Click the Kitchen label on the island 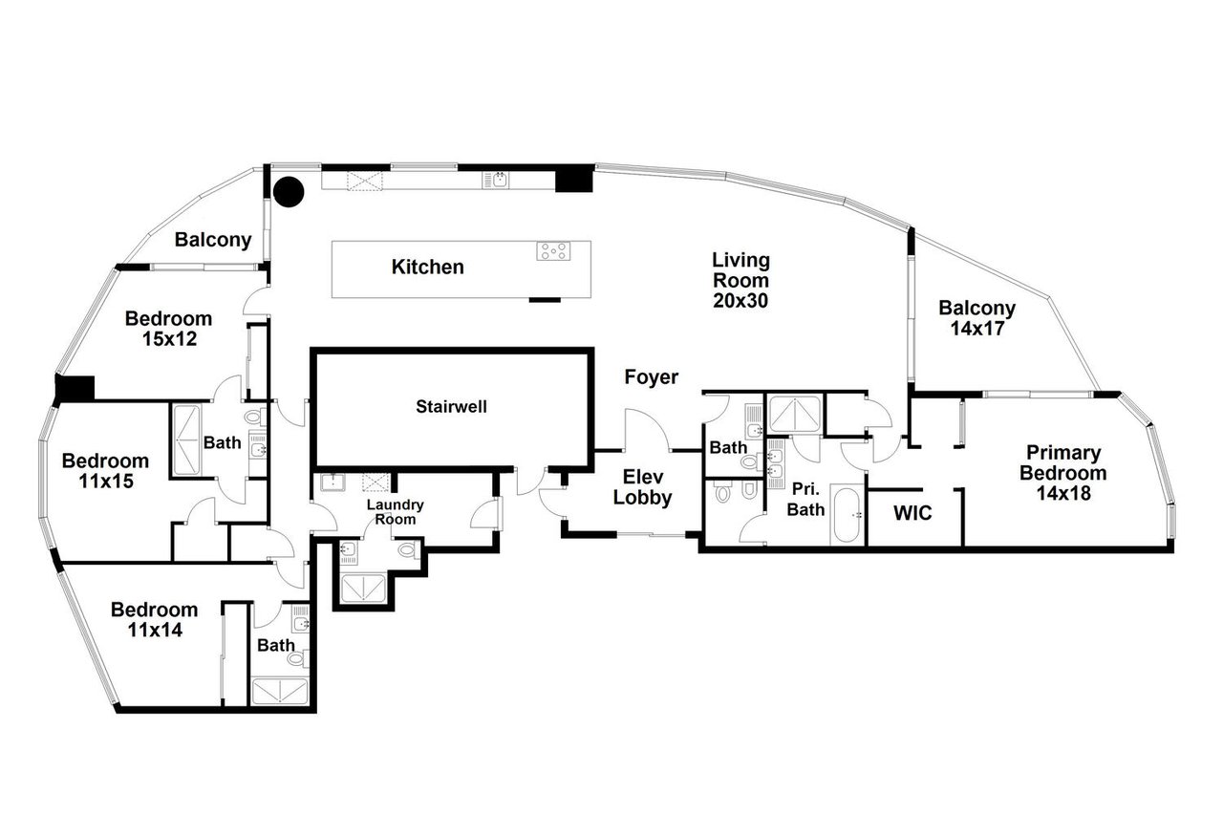point(427,268)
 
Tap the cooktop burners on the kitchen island point(553,251)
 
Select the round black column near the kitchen point(288,192)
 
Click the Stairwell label point(451,406)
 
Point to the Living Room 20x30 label point(740,280)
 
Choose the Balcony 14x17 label point(976,318)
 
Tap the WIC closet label point(912,513)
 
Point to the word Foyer point(651,377)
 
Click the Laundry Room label point(395,512)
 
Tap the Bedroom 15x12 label point(168,329)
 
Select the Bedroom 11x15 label point(105,470)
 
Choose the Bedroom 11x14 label point(154,619)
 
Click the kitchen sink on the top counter point(499,179)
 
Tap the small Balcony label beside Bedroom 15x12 point(212,241)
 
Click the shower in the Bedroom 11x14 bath point(280,691)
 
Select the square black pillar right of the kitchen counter point(574,179)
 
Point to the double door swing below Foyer point(648,430)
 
